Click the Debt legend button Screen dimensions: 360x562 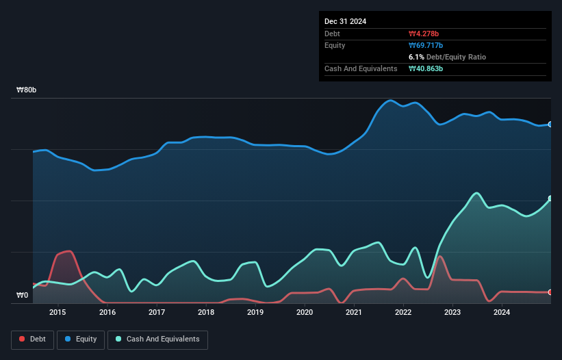[32, 339]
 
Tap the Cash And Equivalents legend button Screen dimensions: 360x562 [157, 339]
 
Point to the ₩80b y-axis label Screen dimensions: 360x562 [27, 90]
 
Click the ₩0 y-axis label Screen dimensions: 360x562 [23, 296]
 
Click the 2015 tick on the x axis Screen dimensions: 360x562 [58, 313]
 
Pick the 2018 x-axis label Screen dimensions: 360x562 [206, 313]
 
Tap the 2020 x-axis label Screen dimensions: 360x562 [305, 313]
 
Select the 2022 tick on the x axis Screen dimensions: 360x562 [403, 313]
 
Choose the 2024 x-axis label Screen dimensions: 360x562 [502, 313]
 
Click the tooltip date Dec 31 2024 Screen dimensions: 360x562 [345, 21]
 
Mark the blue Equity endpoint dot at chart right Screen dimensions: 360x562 [550, 125]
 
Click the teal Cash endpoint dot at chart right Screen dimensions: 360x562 [550, 198]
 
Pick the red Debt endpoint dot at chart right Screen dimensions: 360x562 [550, 292]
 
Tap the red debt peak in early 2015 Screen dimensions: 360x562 [68, 251]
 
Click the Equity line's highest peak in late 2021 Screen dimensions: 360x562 [391, 101]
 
